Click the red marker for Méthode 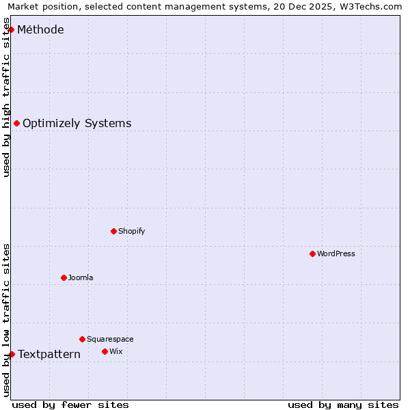coord(12,29)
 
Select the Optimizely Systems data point coord(17,123)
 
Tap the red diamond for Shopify coord(113,231)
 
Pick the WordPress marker coord(312,254)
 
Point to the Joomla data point coord(64,277)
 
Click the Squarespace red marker coord(82,339)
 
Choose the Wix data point coord(105,351)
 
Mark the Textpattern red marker coord(12,354)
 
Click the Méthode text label coord(41,29)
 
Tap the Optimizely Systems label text coord(77,123)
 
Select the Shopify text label coord(132,231)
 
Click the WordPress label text coord(336,254)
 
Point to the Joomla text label coord(81,277)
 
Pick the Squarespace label coord(110,339)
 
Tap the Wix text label coord(116,351)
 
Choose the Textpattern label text coord(49,354)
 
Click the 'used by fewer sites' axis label coord(70,405)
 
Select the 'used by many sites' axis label coord(343,405)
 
